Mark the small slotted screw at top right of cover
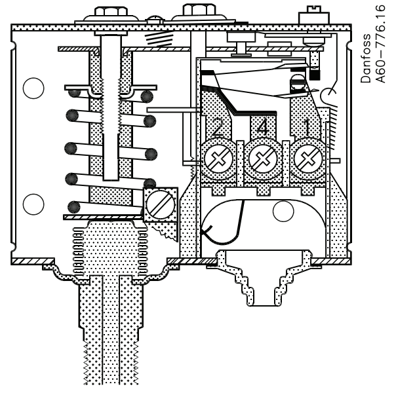click(x=308, y=14)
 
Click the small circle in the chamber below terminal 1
click(x=283, y=211)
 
